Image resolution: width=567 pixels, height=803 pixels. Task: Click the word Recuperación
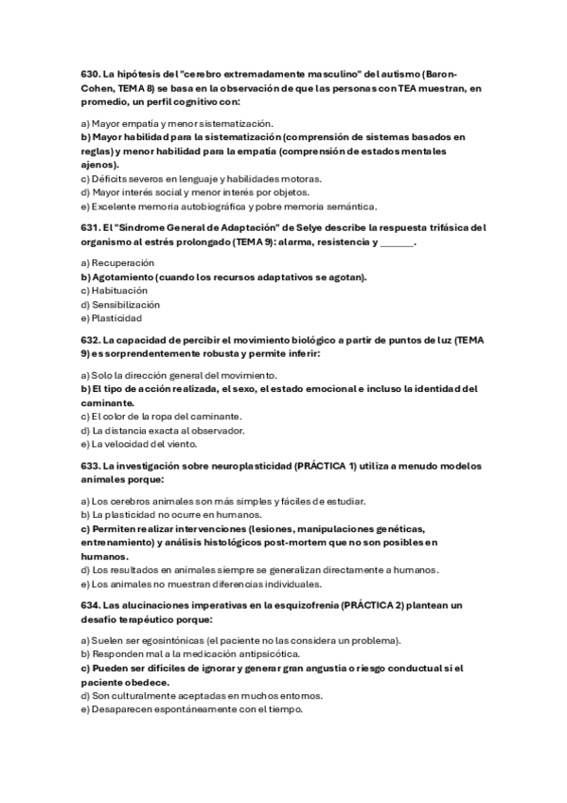click(x=122, y=262)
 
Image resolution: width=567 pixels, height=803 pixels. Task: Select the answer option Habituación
click(x=118, y=291)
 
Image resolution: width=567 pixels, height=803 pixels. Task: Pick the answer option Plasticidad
click(x=116, y=319)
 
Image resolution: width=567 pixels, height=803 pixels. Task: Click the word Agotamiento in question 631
click(x=123, y=277)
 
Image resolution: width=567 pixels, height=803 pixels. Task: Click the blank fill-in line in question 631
click(x=401, y=242)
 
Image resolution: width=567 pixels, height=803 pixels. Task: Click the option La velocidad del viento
click(x=139, y=444)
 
